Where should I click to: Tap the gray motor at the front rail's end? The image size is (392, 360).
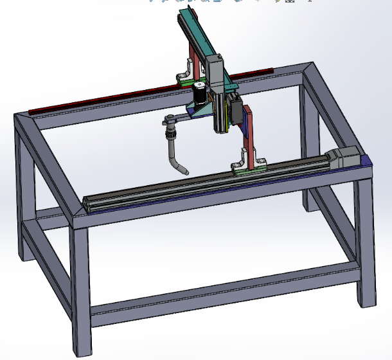point(347,157)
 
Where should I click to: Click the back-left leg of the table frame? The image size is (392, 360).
point(24,193)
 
